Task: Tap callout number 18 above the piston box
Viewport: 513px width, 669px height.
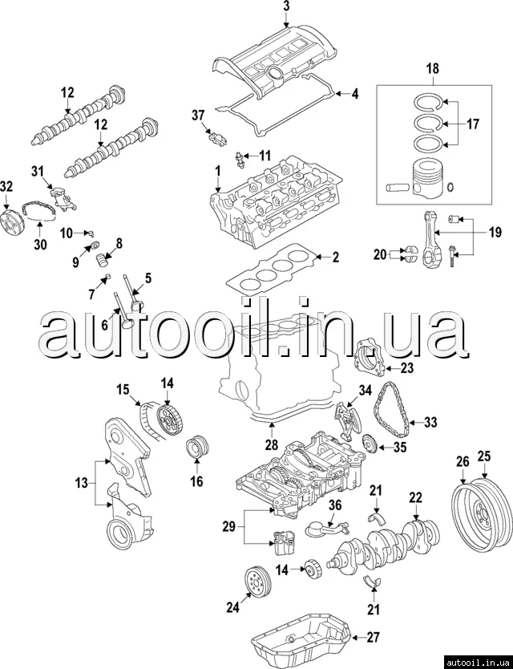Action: [432, 70]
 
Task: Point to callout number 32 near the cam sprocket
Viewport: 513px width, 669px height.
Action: [6, 186]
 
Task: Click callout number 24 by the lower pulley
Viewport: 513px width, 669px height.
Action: [232, 607]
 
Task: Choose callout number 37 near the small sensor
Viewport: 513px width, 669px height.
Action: [198, 116]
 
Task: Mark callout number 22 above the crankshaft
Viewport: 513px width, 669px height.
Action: [414, 497]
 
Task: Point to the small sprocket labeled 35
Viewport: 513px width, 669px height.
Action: [370, 444]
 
